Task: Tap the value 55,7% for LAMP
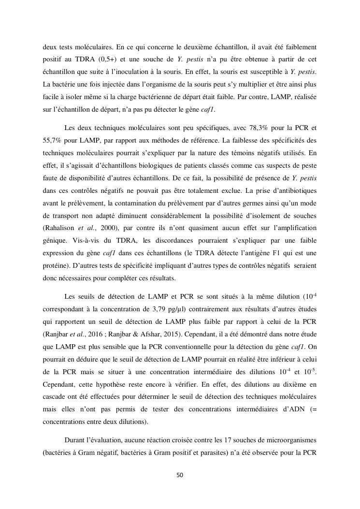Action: pos(53,141)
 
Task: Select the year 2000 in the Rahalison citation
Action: pos(117,228)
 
